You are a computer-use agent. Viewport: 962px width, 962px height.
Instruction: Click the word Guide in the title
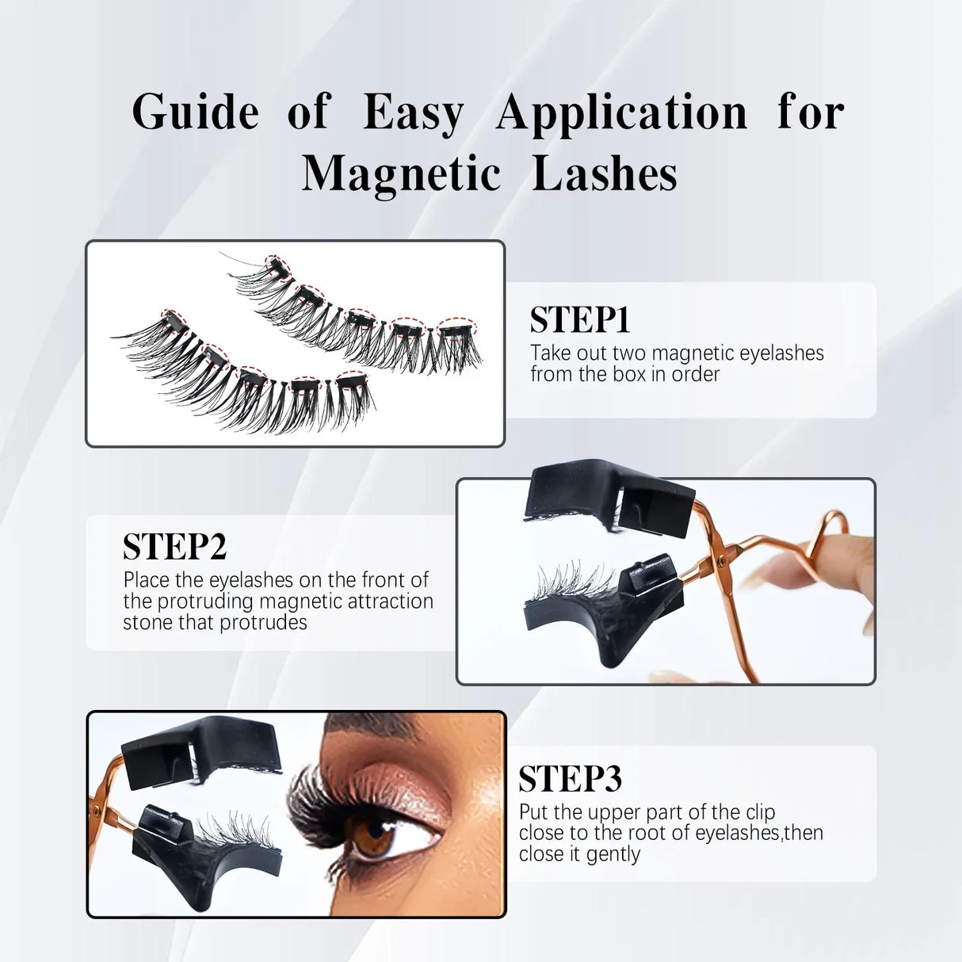pyautogui.click(x=195, y=112)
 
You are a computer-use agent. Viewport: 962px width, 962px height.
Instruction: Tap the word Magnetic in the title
pyautogui.click(x=400, y=174)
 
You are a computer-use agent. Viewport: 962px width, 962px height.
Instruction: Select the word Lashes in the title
pyautogui.click(x=605, y=174)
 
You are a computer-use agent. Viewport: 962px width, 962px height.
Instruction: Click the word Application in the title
pyautogui.click(x=622, y=113)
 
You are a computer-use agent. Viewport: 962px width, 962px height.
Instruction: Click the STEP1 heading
pyautogui.click(x=579, y=320)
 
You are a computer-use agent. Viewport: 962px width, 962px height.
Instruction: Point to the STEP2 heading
pyautogui.click(x=174, y=547)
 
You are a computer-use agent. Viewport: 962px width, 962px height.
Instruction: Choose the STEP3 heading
pyautogui.click(x=570, y=779)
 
